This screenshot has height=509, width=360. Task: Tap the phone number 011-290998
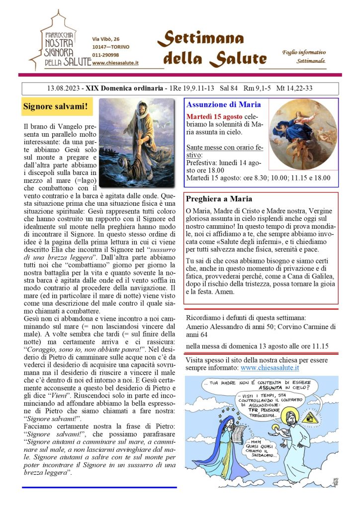click(x=105, y=55)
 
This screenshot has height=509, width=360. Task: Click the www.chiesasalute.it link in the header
click(x=115, y=63)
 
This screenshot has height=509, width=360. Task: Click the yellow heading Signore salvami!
click(x=55, y=106)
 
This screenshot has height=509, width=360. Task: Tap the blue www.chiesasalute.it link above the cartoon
click(x=270, y=368)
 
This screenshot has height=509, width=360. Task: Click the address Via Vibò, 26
click(x=106, y=39)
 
